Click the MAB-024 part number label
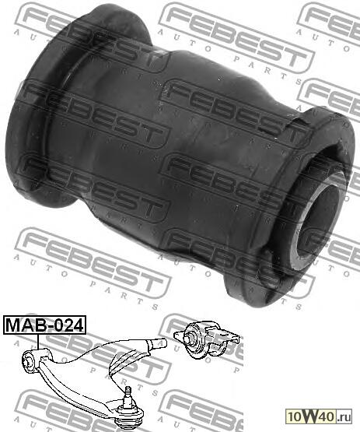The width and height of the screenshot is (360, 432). tap(44, 325)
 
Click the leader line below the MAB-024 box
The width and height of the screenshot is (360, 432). tap(38, 342)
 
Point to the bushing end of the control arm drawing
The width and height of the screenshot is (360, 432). tap(28, 360)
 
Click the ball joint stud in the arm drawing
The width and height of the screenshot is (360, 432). tap(127, 397)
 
